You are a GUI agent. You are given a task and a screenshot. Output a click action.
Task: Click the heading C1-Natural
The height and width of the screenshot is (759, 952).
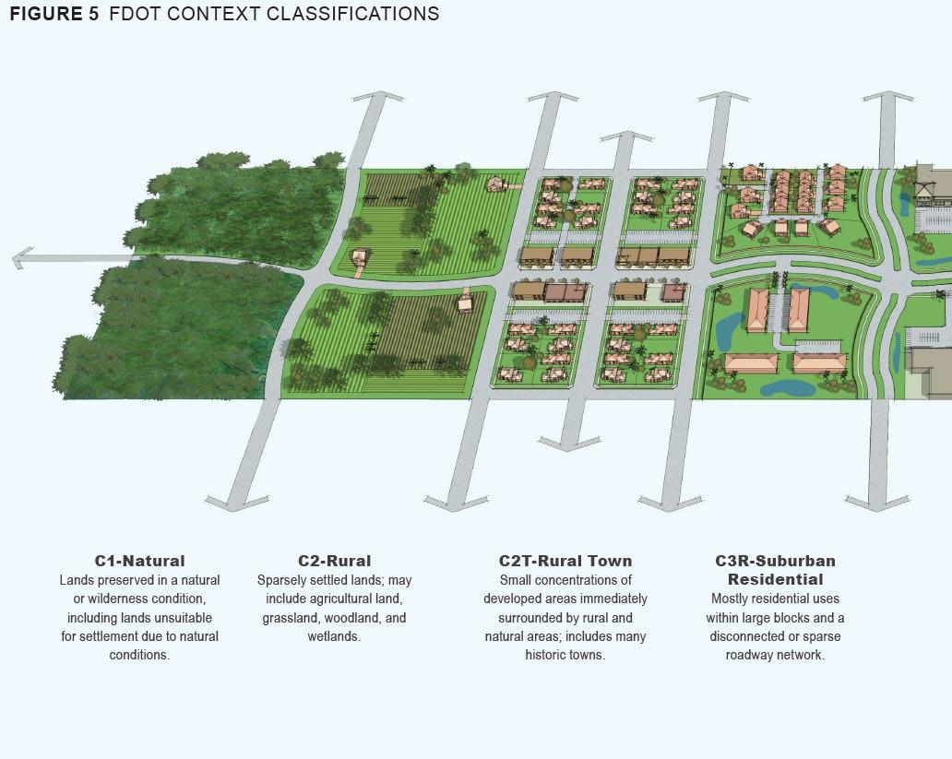(x=139, y=561)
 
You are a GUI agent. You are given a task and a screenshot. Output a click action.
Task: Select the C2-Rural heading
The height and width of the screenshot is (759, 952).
(x=334, y=561)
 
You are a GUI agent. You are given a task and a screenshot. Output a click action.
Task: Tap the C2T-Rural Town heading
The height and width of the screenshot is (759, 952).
(x=565, y=561)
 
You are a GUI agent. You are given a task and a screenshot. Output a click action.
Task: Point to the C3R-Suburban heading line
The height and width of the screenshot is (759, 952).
(x=775, y=561)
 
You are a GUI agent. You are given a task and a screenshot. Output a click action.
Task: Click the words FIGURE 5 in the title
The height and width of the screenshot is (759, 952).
(x=54, y=15)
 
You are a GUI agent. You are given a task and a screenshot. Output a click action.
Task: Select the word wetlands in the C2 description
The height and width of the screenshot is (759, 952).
(x=334, y=636)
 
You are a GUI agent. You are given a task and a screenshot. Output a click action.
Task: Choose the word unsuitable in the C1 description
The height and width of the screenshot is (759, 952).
(x=184, y=618)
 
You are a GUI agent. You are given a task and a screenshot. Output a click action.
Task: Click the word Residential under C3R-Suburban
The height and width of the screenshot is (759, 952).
(x=775, y=580)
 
